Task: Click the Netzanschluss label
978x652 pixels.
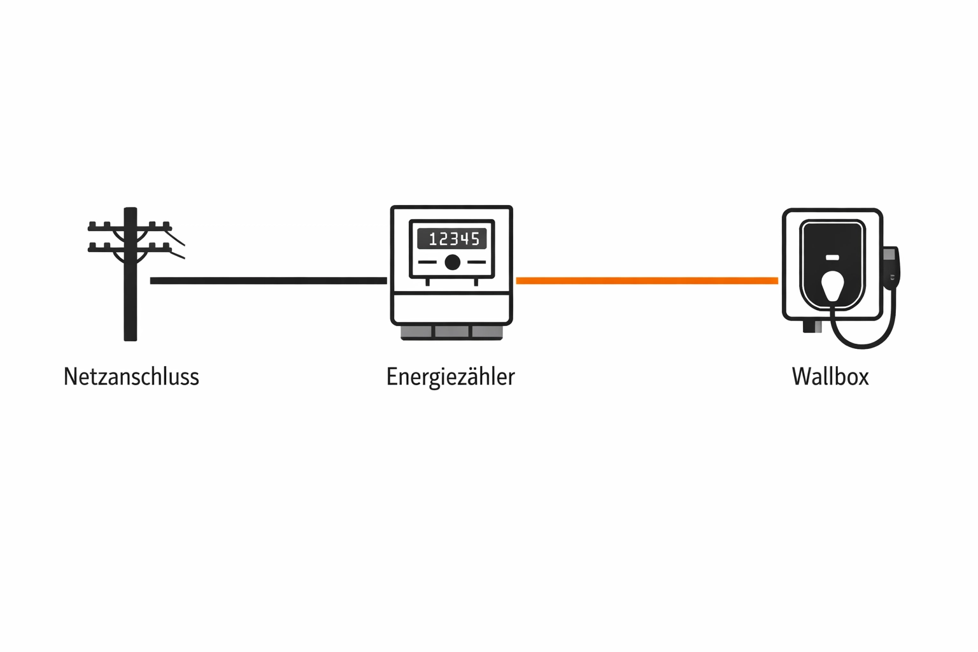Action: click(x=131, y=376)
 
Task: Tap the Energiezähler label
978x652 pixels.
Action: click(x=450, y=376)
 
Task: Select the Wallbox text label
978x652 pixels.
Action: click(x=830, y=376)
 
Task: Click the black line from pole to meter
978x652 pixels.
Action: click(x=267, y=280)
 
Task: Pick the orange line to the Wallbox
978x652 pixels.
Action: click(x=646, y=280)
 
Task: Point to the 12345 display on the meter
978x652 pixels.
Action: click(x=452, y=239)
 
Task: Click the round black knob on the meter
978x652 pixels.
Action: click(x=452, y=262)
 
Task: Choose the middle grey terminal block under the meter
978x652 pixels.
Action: click(x=452, y=332)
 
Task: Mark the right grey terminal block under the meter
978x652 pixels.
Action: click(x=487, y=332)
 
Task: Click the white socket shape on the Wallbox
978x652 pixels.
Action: click(x=832, y=286)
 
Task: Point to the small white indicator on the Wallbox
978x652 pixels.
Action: click(x=832, y=258)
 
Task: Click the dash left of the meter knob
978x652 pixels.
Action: click(x=427, y=262)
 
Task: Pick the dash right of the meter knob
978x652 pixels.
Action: click(x=476, y=262)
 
